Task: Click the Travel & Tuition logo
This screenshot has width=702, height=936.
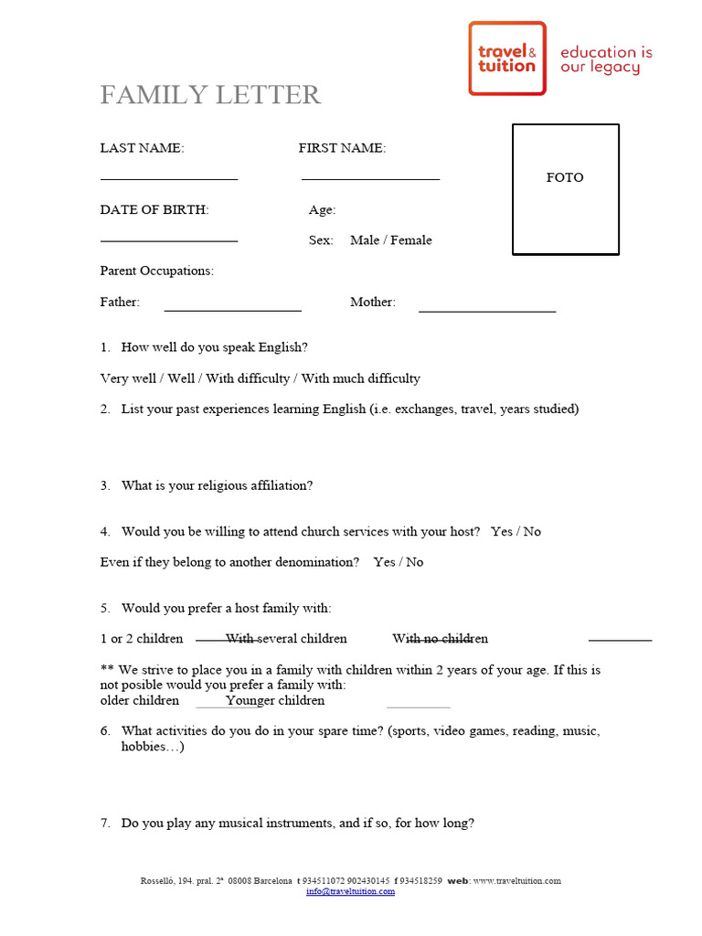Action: (507, 58)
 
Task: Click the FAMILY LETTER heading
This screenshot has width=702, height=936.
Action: (210, 94)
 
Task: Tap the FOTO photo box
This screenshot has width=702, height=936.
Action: (565, 188)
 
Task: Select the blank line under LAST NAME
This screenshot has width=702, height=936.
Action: (169, 178)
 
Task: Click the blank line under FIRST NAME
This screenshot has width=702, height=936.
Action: (370, 178)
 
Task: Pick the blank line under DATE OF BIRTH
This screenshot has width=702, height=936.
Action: (169, 239)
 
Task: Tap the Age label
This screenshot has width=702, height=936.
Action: (322, 210)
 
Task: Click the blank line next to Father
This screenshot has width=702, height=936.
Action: (232, 311)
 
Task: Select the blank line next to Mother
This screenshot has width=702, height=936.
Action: (487, 311)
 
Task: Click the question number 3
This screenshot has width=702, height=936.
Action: (105, 485)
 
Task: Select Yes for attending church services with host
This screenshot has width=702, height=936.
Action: (501, 531)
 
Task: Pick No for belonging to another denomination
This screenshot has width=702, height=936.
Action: (414, 562)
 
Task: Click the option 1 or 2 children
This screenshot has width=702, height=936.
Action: (142, 639)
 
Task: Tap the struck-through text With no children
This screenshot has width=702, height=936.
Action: (440, 639)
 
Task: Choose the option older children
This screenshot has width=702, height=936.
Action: (140, 701)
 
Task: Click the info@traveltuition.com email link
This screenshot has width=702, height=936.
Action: (350, 891)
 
